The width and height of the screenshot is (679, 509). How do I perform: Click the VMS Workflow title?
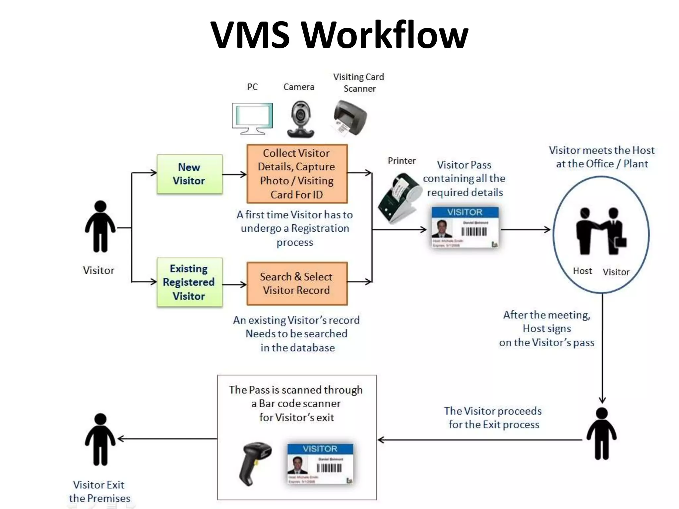pyautogui.click(x=339, y=35)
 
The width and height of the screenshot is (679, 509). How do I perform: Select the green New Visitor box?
pyautogui.click(x=189, y=174)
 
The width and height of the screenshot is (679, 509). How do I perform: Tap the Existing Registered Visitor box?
pyautogui.click(x=189, y=282)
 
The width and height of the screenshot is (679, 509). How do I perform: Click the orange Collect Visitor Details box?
pyautogui.click(x=297, y=174)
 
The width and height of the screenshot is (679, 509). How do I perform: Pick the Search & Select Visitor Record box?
pyautogui.click(x=297, y=283)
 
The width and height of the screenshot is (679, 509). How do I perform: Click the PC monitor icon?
pyautogui.click(x=252, y=118)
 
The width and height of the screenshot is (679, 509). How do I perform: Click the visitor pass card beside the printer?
pyautogui.click(x=465, y=227)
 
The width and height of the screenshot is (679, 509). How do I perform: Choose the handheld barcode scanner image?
pyautogui.click(x=255, y=463)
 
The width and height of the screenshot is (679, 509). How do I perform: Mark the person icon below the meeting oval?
pyautogui.click(x=601, y=433)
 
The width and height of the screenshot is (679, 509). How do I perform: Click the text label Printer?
pyautogui.click(x=401, y=161)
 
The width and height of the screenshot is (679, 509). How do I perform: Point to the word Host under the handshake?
pyautogui.click(x=582, y=271)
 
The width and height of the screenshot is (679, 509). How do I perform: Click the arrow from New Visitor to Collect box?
pyautogui.click(x=234, y=174)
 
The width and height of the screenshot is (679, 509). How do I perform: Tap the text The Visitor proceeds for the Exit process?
pyautogui.click(x=493, y=418)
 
